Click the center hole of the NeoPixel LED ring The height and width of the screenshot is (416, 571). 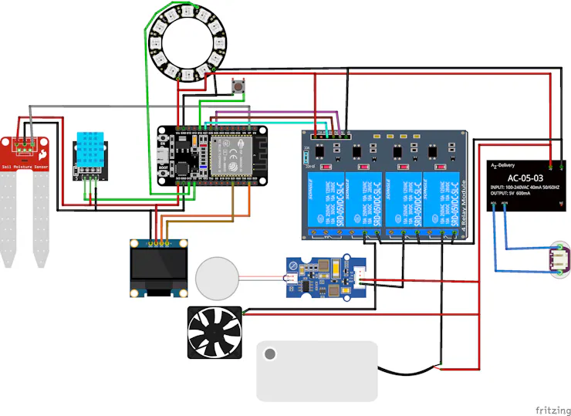click(x=184, y=42)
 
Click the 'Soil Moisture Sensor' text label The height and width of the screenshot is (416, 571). click(x=25, y=166)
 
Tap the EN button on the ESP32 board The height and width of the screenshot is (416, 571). click(x=161, y=140)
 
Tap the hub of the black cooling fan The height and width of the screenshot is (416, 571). click(x=215, y=333)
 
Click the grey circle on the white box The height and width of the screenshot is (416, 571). click(x=269, y=354)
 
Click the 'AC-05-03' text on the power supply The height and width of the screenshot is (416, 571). click(x=524, y=178)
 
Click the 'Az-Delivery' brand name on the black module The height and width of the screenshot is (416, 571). click(x=508, y=164)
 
